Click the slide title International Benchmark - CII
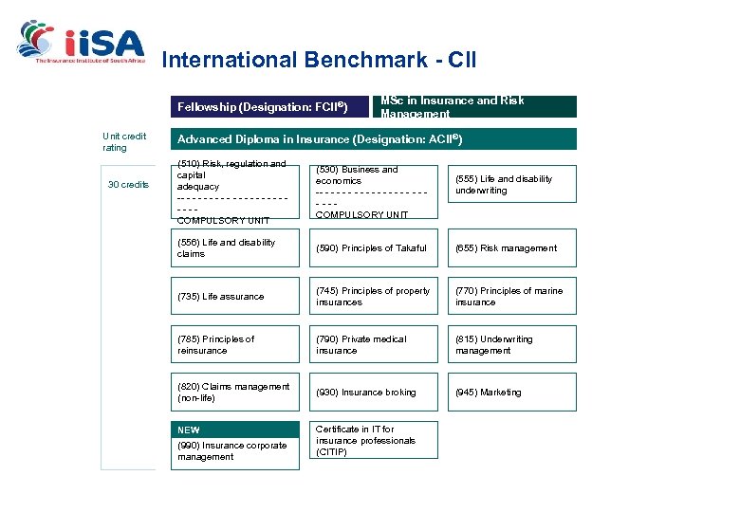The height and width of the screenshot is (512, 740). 319,61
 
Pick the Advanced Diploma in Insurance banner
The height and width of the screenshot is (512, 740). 373,139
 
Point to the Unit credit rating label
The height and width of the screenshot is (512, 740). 124,142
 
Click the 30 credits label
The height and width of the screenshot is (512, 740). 127,184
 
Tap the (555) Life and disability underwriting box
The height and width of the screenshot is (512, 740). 512,185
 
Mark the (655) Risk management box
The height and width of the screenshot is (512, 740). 512,248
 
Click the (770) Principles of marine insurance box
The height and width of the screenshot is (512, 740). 512,297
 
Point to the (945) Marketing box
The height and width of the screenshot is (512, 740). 512,393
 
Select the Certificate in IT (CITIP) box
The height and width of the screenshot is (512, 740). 375,441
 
